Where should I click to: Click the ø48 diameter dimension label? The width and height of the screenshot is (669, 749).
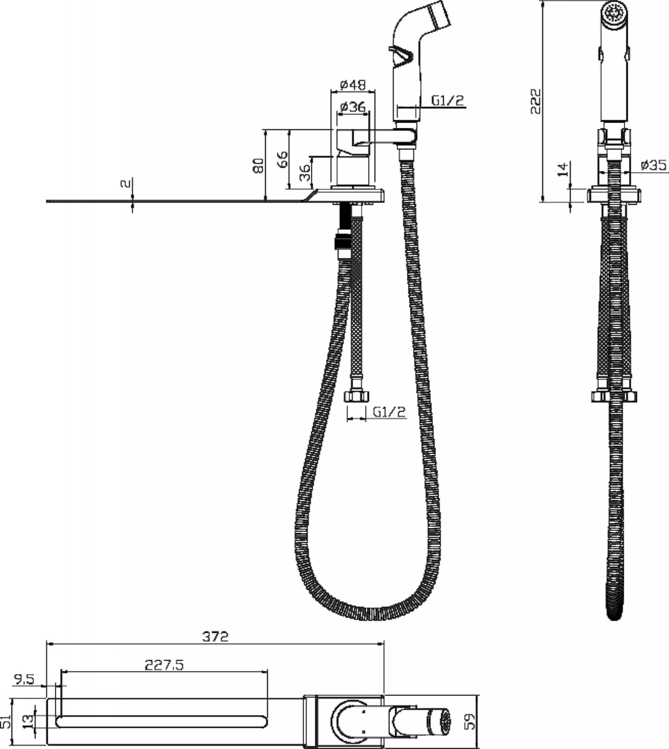pyautogui.click(x=352, y=85)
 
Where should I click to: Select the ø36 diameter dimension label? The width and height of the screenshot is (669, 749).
pyautogui.click(x=352, y=107)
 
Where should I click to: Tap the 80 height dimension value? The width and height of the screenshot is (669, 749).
pyautogui.click(x=259, y=165)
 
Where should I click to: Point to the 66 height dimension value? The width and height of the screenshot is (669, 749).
pyautogui.click(x=282, y=159)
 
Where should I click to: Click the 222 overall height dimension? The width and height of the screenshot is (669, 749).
pyautogui.click(x=536, y=101)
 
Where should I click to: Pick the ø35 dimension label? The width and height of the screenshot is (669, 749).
pyautogui.click(x=654, y=165)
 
